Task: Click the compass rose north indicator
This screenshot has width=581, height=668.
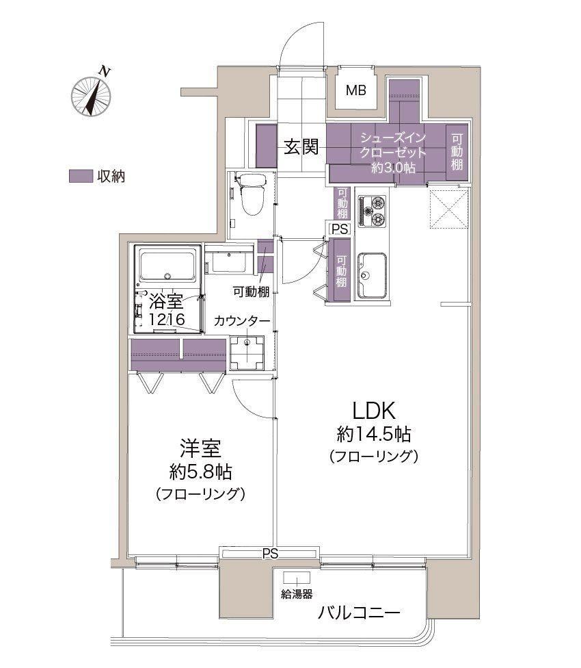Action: [92, 93]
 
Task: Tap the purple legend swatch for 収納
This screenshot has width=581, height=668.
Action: [81, 177]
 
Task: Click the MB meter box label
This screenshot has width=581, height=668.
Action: [356, 90]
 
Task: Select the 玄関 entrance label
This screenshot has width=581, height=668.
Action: [301, 147]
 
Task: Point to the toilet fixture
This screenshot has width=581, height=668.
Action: [252, 194]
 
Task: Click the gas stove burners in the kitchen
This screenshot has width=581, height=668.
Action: [372, 210]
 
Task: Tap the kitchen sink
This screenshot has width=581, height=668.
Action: [372, 276]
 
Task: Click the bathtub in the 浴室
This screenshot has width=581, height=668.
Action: [168, 266]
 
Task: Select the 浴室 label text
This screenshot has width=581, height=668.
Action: [166, 302]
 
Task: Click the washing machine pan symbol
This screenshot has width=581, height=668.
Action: [247, 353]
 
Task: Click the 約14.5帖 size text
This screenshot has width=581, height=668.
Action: [374, 435]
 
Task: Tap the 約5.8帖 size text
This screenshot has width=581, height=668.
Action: [201, 472]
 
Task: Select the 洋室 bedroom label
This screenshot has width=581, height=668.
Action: [200, 448]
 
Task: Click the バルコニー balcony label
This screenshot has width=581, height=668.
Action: [360, 613]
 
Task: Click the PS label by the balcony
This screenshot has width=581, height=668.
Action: [270, 554]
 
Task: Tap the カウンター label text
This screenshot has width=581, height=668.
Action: [242, 321]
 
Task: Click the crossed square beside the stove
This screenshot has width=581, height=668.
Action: [448, 209]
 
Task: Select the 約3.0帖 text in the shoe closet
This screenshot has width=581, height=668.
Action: [394, 168]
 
